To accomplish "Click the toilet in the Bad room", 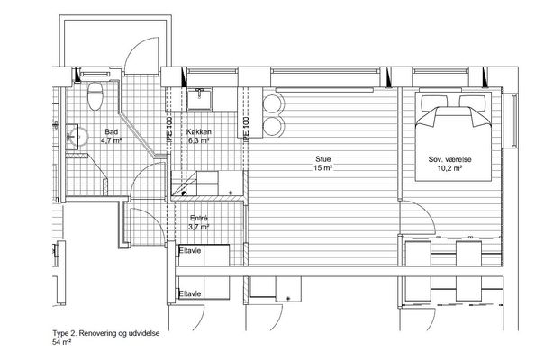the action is point(95,95).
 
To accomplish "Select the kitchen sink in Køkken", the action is point(199,98).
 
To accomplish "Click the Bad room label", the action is point(112,131).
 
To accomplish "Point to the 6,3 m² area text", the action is point(198,140).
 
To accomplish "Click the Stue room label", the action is point(322,159).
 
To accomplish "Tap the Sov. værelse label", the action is point(450,159).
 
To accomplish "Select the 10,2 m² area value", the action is point(450,167).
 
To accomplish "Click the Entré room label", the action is point(199,218).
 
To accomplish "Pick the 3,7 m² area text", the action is point(198,227).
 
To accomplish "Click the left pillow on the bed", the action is point(434,102).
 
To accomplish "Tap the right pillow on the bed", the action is point(472,102).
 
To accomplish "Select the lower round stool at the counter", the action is point(273,126).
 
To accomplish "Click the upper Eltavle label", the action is point(190,251).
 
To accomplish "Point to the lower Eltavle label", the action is point(190,293).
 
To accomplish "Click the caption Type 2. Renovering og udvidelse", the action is point(105,333).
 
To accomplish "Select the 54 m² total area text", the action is point(61,342).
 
